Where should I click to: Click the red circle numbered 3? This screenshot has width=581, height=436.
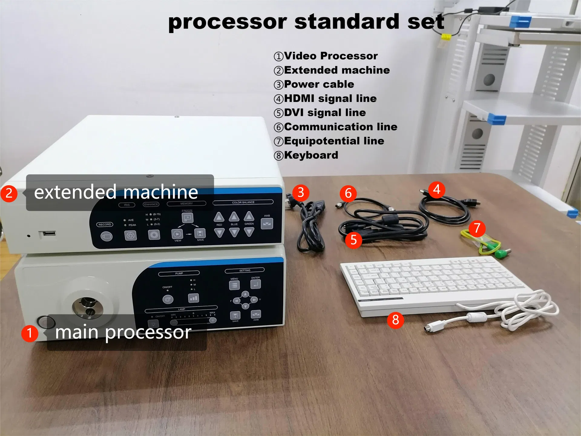click(300, 193)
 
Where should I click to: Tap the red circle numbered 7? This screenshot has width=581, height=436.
click(477, 228)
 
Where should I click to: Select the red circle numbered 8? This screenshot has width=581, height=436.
click(396, 320)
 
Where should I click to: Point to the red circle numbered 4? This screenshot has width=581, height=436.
click(436, 190)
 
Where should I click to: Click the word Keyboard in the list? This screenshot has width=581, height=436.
click(311, 155)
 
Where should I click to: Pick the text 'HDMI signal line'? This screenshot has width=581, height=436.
click(330, 98)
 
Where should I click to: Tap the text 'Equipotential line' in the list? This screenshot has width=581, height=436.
click(334, 141)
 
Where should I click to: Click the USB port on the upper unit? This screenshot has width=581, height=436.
click(47, 233)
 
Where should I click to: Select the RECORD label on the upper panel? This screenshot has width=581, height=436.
click(105, 224)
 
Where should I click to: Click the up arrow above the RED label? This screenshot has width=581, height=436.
click(219, 217)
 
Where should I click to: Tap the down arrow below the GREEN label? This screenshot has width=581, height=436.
click(249, 232)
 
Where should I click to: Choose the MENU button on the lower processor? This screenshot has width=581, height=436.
click(235, 285)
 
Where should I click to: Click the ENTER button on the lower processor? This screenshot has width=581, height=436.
click(256, 284)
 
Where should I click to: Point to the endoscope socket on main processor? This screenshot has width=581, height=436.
click(88, 307)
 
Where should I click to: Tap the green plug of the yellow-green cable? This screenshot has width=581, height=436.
click(502, 253)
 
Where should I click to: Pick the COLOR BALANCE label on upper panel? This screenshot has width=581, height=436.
click(243, 202)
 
